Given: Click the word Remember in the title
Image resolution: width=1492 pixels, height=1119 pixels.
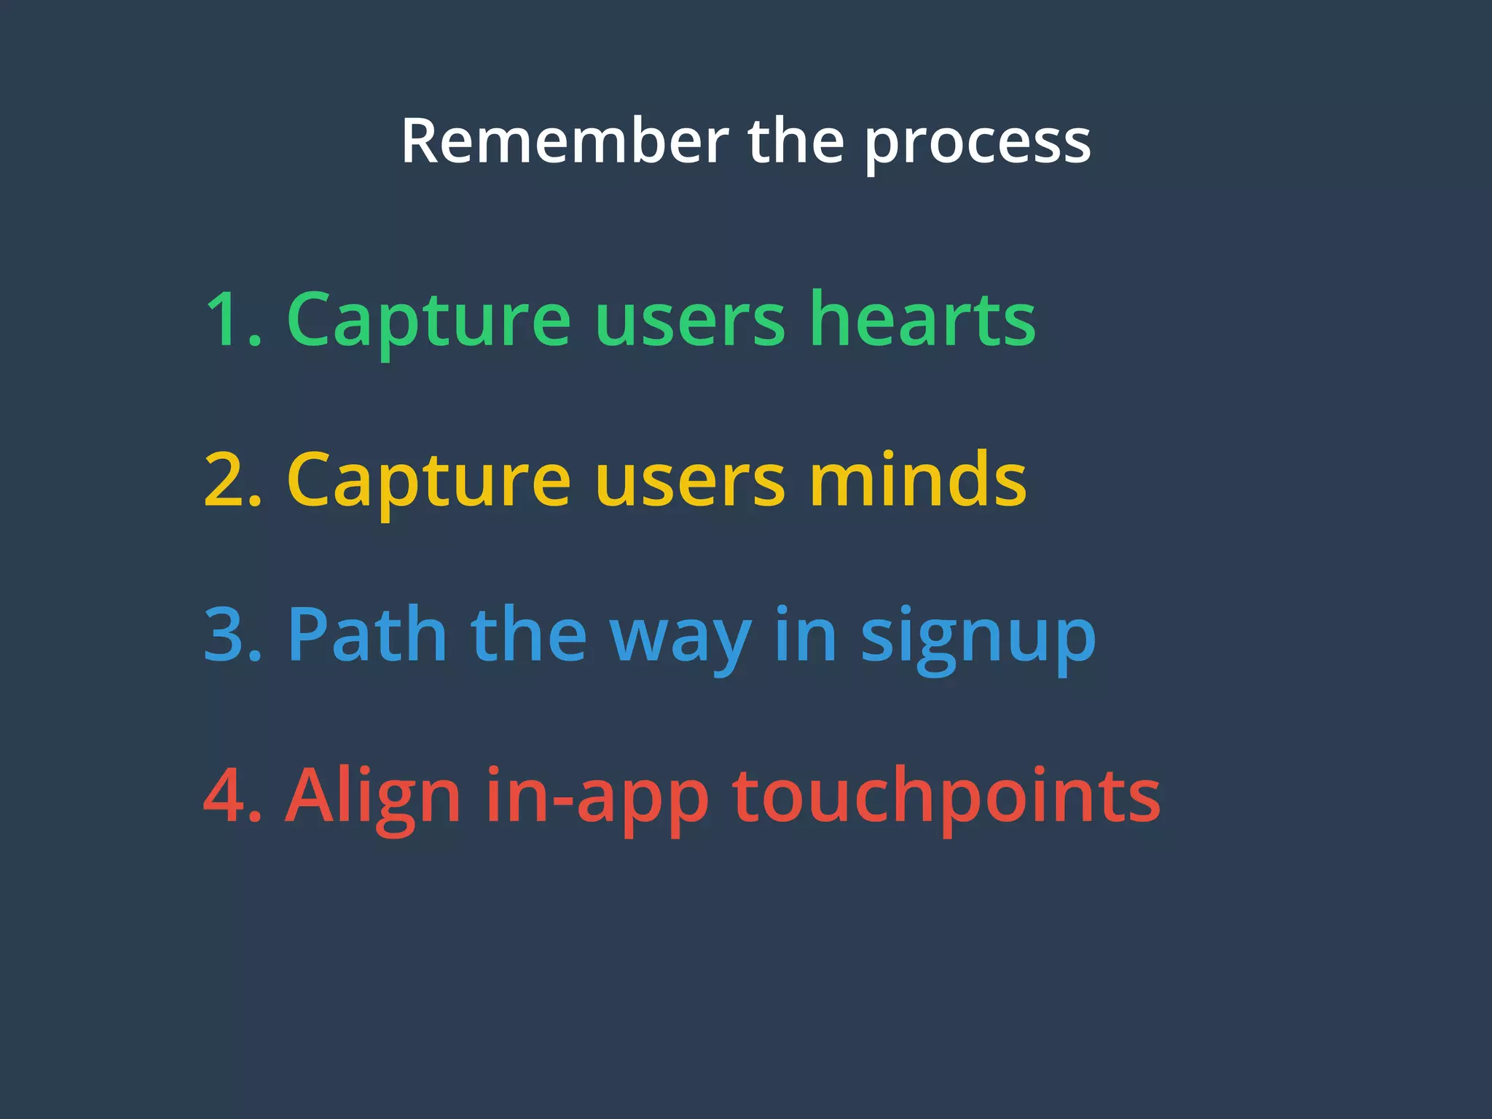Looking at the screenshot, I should point(565,142).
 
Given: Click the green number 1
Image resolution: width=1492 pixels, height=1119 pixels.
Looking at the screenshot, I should point(227,321).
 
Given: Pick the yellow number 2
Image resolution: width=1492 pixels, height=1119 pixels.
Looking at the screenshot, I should point(227,481).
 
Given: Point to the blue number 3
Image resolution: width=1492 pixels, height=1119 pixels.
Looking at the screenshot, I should point(227,636).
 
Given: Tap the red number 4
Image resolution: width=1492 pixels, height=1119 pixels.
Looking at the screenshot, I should point(227,796).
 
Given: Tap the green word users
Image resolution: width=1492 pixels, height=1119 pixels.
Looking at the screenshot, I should point(690,324).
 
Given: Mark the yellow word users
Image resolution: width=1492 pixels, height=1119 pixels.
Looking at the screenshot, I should point(690,484).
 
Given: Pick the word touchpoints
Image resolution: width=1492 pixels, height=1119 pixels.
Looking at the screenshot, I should point(946,798).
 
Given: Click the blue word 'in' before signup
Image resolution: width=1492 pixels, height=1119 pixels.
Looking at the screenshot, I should point(806,635).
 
